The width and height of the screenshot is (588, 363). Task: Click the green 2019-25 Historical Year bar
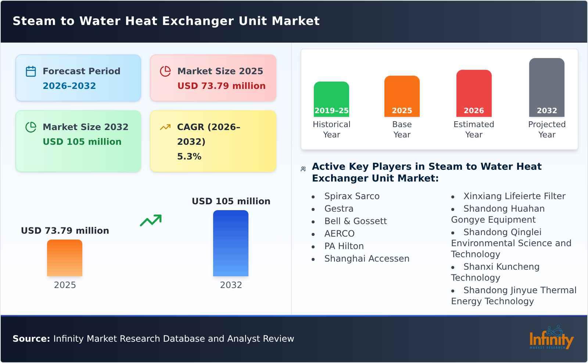point(331,99)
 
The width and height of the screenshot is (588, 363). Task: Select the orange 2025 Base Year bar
point(402,96)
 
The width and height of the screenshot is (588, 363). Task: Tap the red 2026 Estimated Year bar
point(474,93)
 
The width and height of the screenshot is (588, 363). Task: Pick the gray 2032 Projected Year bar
point(546,87)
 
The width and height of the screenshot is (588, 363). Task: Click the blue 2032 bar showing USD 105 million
point(231,243)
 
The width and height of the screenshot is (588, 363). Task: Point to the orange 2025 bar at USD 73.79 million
point(65,258)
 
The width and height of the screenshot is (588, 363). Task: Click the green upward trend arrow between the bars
point(151,220)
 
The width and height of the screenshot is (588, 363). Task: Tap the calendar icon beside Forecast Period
point(31,71)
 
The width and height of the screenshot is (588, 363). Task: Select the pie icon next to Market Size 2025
point(165,71)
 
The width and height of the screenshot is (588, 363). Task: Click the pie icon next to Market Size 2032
point(31,127)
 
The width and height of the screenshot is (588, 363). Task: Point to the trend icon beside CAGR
point(165,127)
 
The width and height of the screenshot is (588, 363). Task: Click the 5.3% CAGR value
point(189,157)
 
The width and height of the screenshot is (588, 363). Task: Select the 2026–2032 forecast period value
point(69,86)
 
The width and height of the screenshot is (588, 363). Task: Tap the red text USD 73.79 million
point(221,86)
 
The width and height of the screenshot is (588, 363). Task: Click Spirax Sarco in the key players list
point(352,196)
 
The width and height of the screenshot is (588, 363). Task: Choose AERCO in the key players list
point(339,234)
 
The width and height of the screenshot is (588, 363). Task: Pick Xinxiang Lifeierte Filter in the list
point(514,196)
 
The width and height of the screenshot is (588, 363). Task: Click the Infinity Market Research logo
point(551,338)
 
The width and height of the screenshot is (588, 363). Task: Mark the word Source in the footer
point(31,339)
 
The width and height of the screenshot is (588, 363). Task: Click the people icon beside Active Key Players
point(303,169)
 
